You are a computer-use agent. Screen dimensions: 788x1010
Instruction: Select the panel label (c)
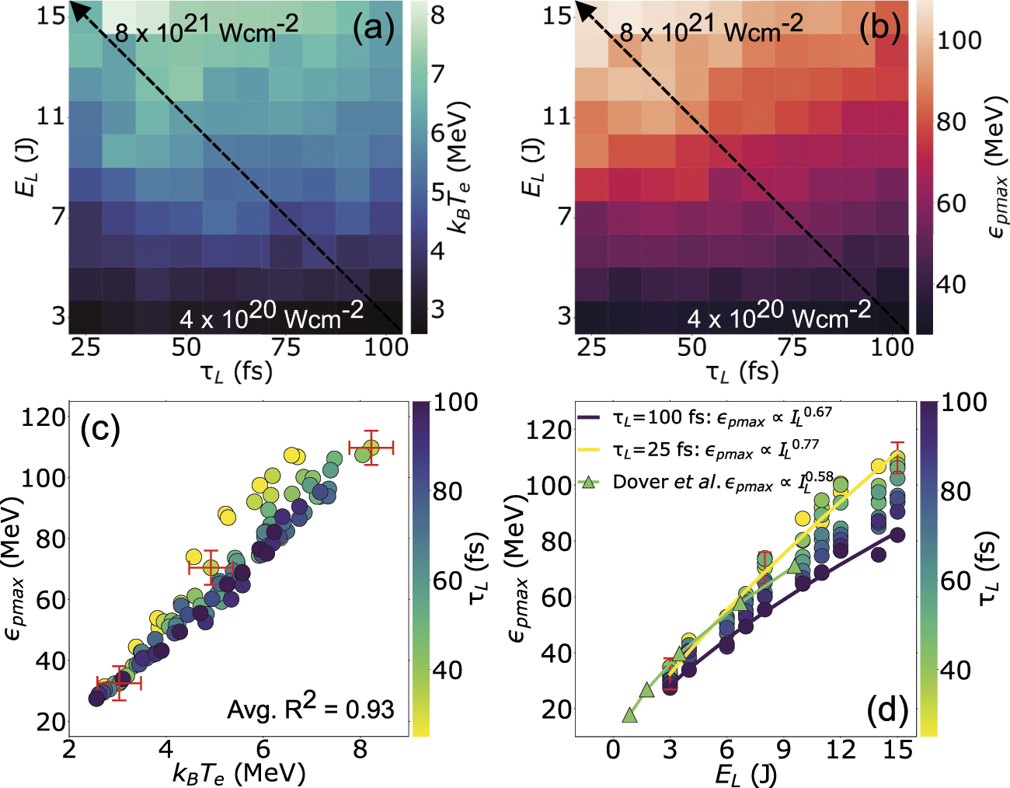point(100,429)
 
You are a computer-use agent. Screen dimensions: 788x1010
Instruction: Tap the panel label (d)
point(886,709)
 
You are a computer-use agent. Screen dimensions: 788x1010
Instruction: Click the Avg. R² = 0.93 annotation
point(310,707)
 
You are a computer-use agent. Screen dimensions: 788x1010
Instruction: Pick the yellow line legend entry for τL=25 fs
point(590,449)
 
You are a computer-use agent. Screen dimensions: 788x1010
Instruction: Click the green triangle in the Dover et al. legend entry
point(590,482)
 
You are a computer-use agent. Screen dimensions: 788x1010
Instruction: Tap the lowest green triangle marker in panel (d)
point(629,714)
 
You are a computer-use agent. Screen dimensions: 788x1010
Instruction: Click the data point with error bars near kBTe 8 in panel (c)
point(371,448)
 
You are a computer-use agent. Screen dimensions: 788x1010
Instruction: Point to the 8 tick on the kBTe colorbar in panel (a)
point(437,16)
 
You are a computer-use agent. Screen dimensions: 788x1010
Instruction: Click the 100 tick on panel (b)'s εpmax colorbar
point(959,40)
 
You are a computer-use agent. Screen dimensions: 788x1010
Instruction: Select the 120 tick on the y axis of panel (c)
point(45,417)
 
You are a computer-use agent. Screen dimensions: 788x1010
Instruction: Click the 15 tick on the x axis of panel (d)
point(897,750)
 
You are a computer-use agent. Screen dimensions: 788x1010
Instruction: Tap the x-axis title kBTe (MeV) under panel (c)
point(239,773)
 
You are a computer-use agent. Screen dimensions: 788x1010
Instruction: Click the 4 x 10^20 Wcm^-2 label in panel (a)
point(271,316)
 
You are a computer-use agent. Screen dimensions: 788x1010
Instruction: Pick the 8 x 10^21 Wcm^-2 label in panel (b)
point(711,30)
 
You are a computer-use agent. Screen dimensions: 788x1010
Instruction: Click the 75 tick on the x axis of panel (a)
point(285,347)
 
